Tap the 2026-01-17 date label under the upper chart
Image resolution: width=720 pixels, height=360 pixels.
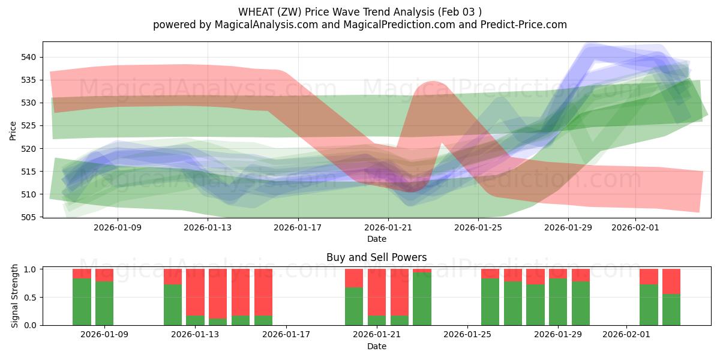coord(298,227)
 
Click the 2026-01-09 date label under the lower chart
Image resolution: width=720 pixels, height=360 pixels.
coord(104,335)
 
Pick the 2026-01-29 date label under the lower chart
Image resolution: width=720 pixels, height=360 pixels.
coord(558,335)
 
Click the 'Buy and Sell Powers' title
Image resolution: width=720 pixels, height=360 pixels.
coord(376,257)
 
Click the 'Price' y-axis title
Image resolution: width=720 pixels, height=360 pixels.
coord(13,130)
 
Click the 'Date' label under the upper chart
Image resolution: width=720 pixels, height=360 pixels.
coord(376,239)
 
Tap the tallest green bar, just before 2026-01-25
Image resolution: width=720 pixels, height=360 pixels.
coord(422,299)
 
